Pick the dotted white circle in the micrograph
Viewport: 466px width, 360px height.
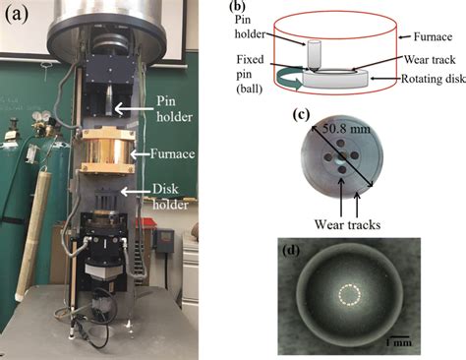(x=349, y=296)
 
